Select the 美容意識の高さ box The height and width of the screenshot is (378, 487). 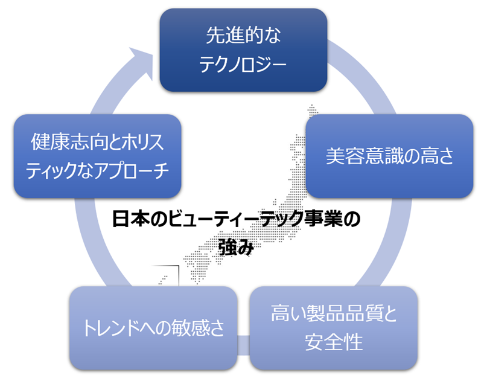[x=389, y=156]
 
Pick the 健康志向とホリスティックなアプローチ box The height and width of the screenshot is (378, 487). [x=97, y=156]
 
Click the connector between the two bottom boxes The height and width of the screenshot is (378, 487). [x=243, y=342]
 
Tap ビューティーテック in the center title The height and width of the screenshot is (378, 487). [x=237, y=220]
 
